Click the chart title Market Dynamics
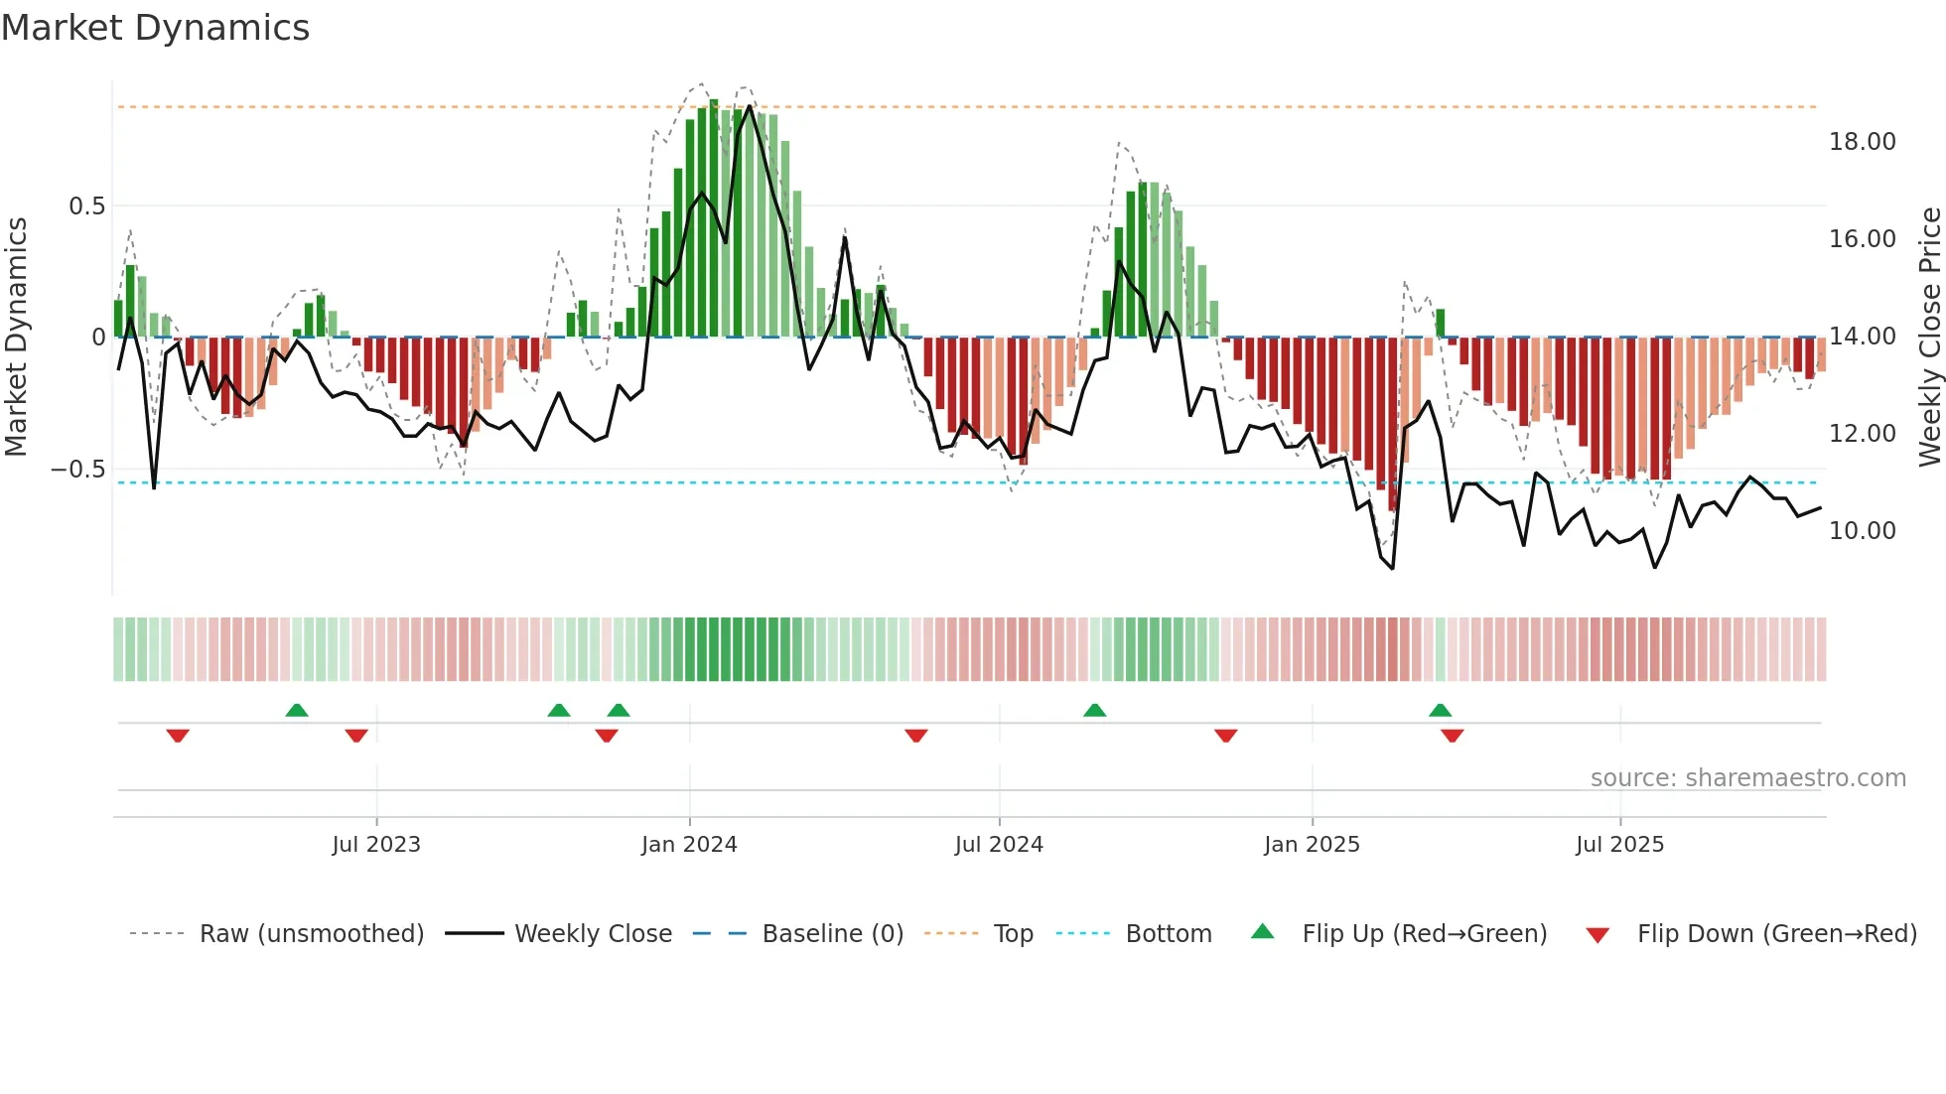(x=155, y=28)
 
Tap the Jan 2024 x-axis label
(x=689, y=845)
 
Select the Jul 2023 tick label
(x=376, y=845)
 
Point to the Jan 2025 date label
(x=1312, y=845)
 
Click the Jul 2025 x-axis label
(x=1619, y=845)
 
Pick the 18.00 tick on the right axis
(x=1862, y=142)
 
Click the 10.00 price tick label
(x=1862, y=531)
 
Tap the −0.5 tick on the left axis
(x=77, y=470)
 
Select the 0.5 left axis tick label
(x=86, y=206)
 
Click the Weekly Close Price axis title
(x=1929, y=338)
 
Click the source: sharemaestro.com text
(x=1747, y=778)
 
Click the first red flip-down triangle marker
(x=178, y=736)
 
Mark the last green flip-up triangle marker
(x=1440, y=710)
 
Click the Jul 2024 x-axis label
(x=999, y=845)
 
